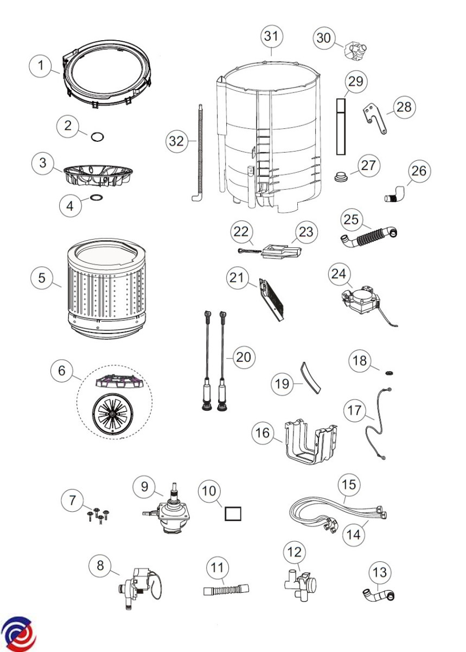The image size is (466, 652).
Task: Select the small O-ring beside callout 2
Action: coord(97,136)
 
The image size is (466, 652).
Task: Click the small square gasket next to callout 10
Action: coord(233,513)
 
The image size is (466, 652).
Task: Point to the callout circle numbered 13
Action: coord(380,572)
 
